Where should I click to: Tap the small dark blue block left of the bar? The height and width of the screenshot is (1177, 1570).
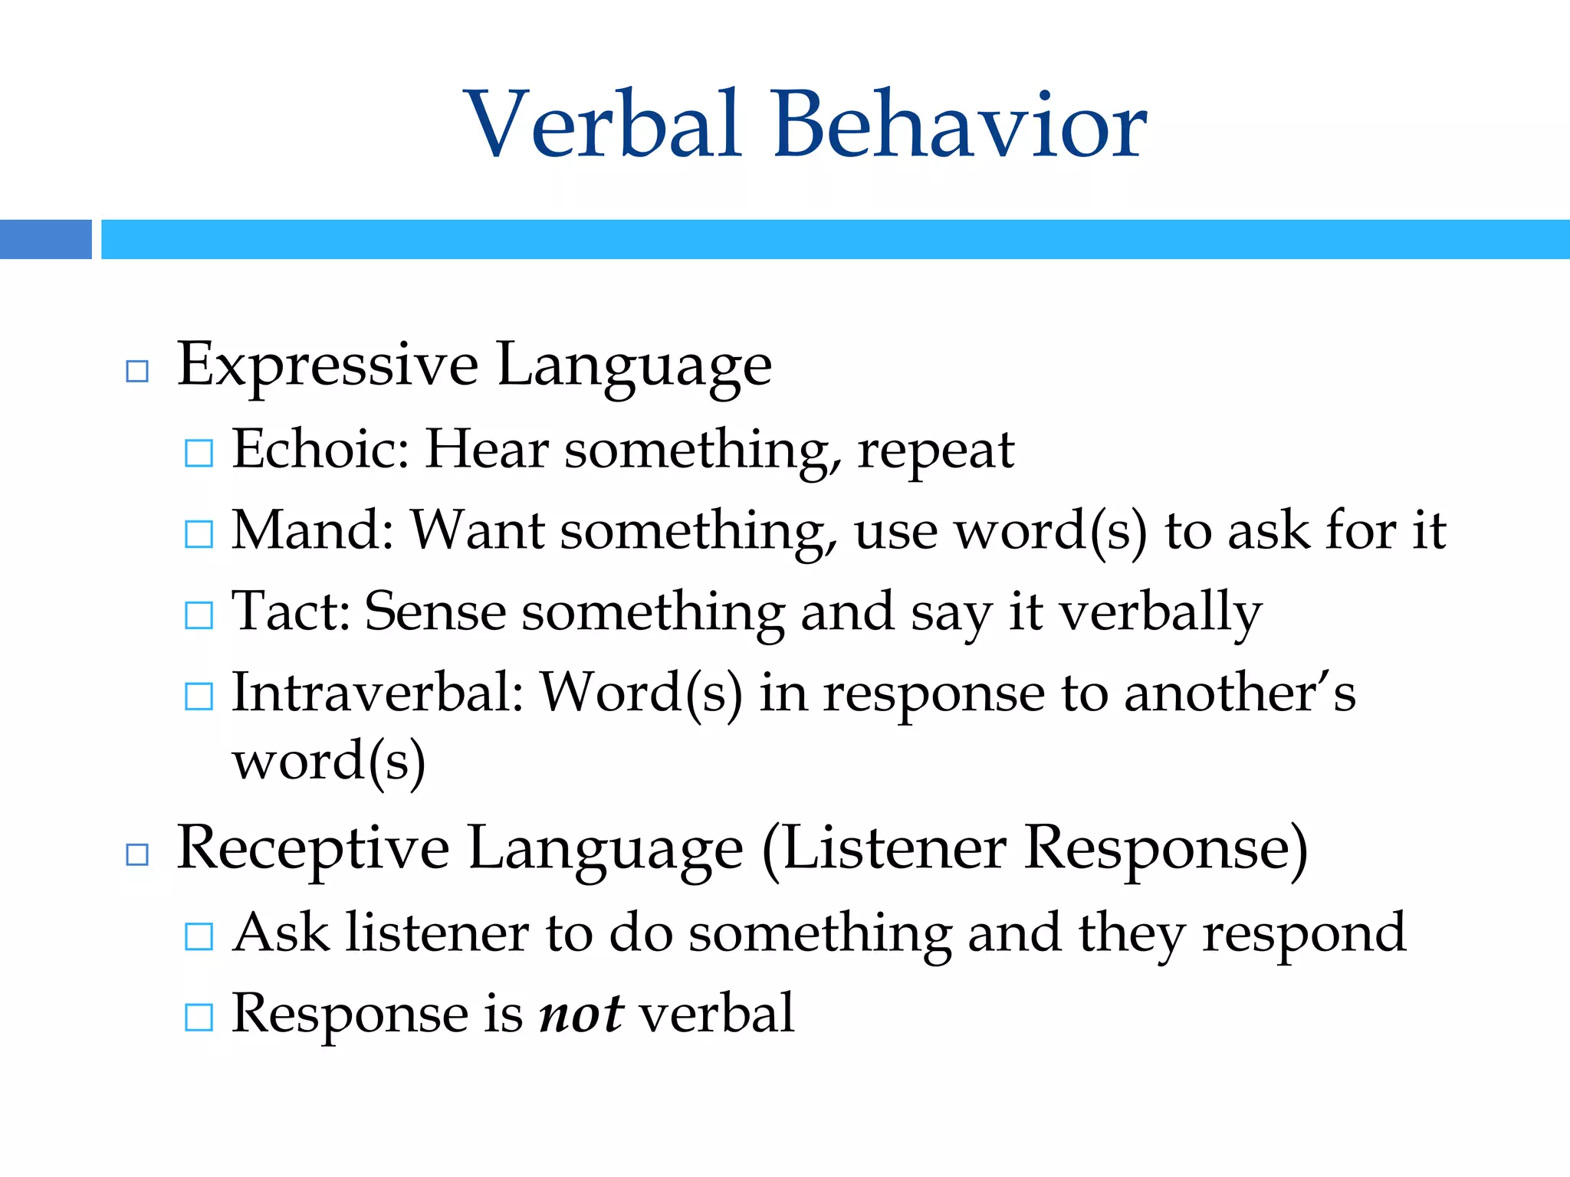click(x=45, y=239)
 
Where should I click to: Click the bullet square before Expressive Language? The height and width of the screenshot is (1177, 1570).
click(x=137, y=372)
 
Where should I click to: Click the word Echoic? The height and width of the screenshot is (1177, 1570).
click(x=320, y=449)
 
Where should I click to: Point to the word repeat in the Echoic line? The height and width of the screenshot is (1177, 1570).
click(x=936, y=452)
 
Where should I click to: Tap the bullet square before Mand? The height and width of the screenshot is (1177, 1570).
click(x=199, y=534)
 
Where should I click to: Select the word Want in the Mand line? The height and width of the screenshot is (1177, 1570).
click(x=477, y=530)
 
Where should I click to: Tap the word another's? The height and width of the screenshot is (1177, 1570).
click(x=1240, y=693)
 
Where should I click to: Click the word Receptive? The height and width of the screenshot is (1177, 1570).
click(x=313, y=849)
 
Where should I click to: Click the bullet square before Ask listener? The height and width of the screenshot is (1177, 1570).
click(x=199, y=936)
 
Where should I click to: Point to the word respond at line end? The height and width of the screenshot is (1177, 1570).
click(x=1304, y=935)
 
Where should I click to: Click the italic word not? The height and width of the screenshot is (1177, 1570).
click(x=581, y=1015)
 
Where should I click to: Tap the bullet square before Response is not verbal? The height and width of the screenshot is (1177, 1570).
click(x=199, y=1018)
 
